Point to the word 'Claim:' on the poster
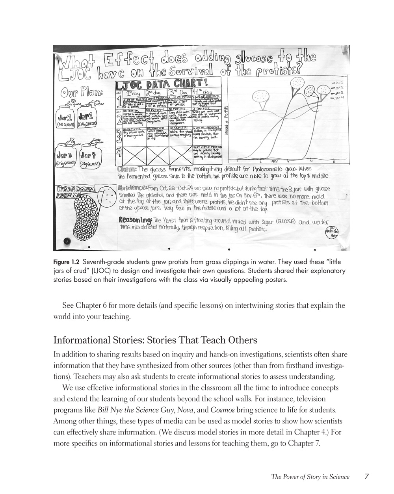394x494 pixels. pyautogui.click(x=126, y=169)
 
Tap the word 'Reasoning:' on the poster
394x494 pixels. pyautogui.click(x=135, y=219)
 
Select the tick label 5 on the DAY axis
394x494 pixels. pyautogui.click(x=334, y=162)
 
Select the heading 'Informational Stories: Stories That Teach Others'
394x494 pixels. pyautogui.click(x=155, y=340)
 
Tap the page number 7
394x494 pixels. pyautogui.click(x=366, y=476)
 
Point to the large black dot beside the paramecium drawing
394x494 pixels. pyautogui.click(x=67, y=240)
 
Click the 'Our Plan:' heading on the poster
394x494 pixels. pyautogui.click(x=82, y=93)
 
